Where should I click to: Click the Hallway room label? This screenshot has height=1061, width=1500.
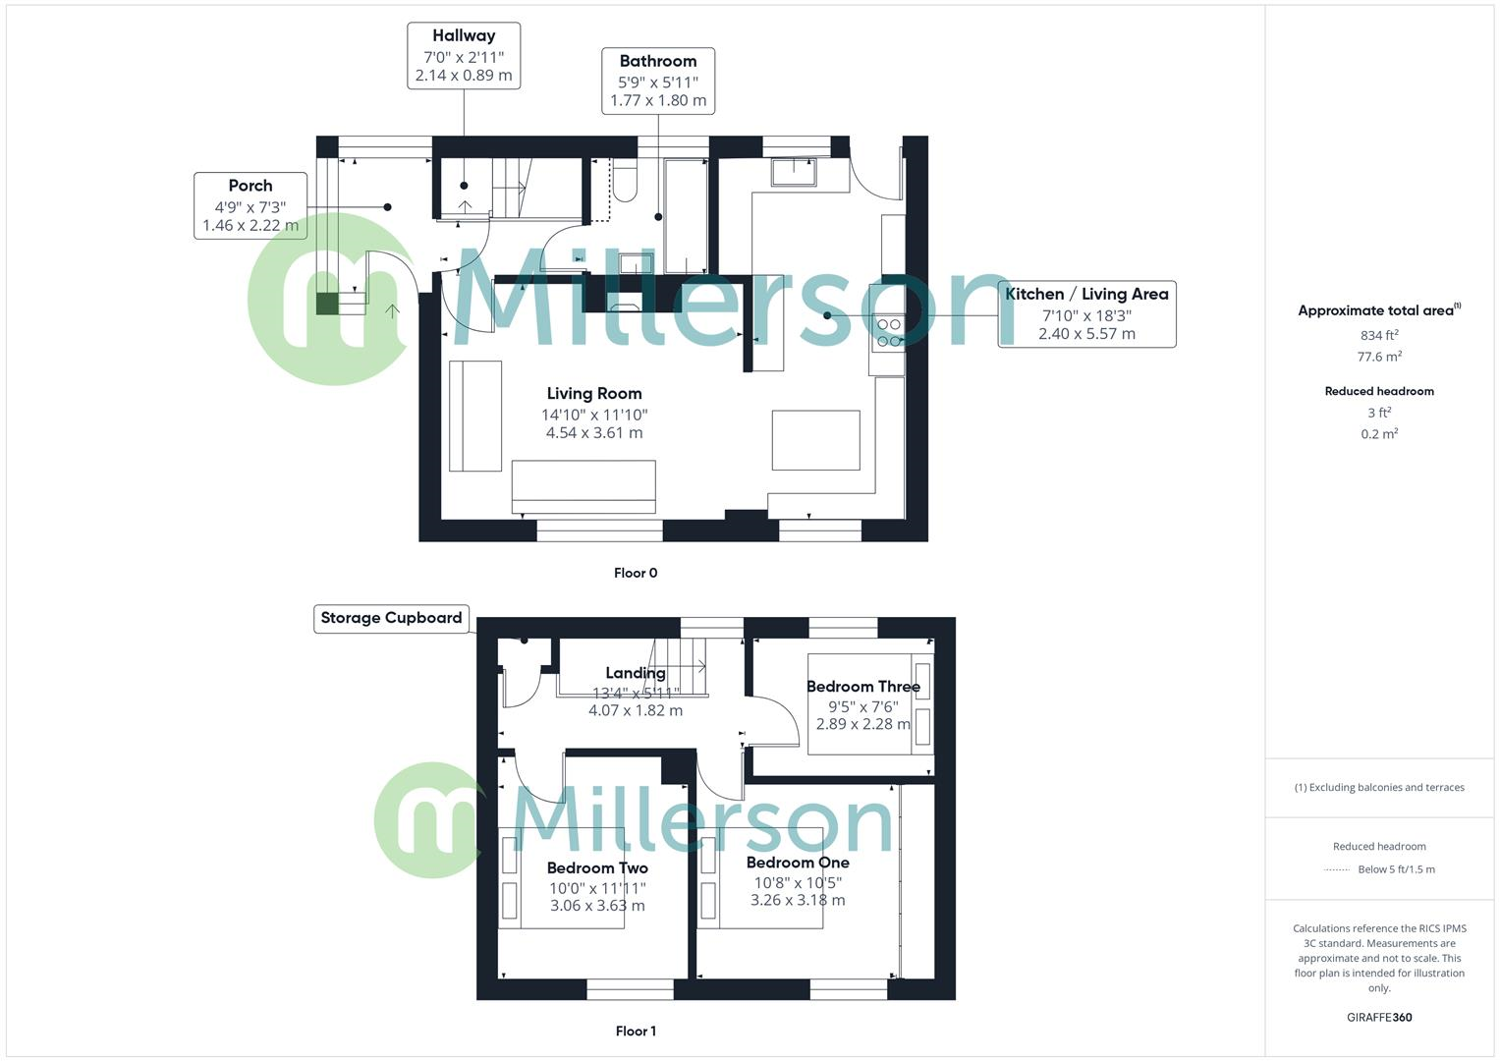pos(464,35)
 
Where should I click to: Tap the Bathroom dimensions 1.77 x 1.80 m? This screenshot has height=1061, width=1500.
pos(657,100)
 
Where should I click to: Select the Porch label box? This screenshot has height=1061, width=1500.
pos(250,205)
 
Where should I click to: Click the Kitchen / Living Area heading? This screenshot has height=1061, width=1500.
pos(1086,294)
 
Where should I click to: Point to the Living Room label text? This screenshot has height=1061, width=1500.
pos(594,393)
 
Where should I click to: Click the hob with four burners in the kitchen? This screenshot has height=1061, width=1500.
pos(888,332)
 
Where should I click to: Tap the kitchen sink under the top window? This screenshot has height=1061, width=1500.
pos(794,172)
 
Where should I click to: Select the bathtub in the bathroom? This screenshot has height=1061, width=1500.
pos(686,216)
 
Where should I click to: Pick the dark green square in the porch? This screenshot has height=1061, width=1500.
pos(327,304)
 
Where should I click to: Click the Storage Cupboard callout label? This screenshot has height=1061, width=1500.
pos(391,618)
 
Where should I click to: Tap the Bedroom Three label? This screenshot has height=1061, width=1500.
pos(862,687)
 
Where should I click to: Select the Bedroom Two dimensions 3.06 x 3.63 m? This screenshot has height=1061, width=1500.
pos(597,906)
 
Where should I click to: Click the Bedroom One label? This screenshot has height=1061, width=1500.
pos(798,863)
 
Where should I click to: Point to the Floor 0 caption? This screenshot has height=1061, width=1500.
pos(636,573)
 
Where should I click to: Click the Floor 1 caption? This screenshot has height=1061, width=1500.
pos(636,1031)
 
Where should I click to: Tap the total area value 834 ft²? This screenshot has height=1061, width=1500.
pos(1379,335)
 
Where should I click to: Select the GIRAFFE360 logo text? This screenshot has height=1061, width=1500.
pos(1379,1018)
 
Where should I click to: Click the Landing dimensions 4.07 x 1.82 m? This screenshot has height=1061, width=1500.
pos(636,710)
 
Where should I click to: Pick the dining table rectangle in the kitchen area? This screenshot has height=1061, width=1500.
pos(815,440)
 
